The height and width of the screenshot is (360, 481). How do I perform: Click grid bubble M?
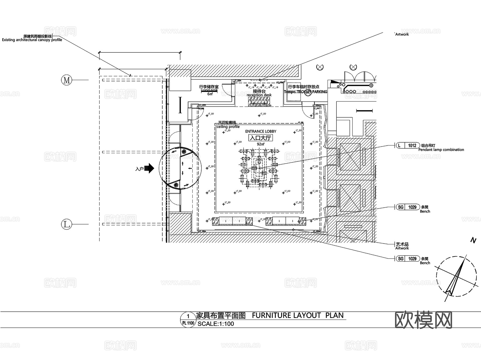point(67,80)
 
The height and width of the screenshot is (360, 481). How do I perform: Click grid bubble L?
point(67,224)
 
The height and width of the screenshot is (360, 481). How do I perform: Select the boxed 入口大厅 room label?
point(261,138)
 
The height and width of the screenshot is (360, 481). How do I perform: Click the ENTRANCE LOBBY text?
point(261,131)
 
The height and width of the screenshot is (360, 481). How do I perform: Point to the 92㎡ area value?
point(261,144)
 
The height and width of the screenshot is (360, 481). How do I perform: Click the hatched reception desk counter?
point(259,102)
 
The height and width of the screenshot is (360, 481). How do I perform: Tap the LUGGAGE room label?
point(209,91)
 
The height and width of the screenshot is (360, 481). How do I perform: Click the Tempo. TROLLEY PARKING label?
point(305,92)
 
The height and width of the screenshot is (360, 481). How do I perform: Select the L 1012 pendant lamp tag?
point(408,145)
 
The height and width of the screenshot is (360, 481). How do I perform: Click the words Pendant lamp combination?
point(441,150)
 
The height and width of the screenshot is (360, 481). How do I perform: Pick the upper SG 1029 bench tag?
point(408,207)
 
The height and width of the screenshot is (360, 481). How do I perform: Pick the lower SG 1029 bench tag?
point(408,258)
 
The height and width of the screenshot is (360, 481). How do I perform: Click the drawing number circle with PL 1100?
point(188,320)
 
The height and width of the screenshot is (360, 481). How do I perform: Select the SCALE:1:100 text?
point(216,324)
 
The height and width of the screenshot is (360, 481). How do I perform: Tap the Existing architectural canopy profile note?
point(32,40)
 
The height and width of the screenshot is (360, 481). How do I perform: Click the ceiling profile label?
point(228,127)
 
